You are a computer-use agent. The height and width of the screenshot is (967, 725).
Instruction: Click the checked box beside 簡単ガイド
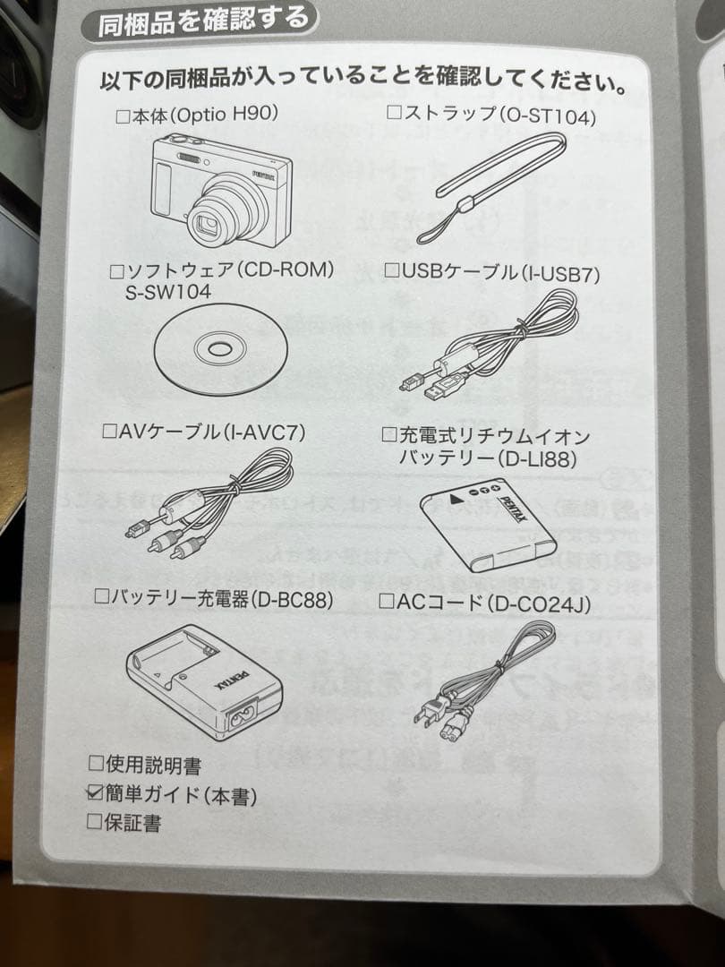(96, 792)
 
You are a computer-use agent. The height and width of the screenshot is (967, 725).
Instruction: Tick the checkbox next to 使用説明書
(96, 764)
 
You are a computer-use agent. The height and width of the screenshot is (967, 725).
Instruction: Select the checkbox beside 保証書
(94, 821)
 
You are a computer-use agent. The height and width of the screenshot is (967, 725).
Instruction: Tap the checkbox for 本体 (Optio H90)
(124, 116)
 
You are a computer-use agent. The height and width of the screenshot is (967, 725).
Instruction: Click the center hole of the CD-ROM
(220, 349)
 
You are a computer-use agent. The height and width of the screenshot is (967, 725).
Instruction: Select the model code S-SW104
(167, 292)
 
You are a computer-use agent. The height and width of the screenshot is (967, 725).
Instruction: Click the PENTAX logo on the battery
(512, 509)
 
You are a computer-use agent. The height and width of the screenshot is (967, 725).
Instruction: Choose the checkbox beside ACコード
(387, 602)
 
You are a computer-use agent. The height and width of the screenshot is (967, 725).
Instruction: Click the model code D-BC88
(294, 600)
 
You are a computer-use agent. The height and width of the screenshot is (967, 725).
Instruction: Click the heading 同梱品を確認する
(203, 21)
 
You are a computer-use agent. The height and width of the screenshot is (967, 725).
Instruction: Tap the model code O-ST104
(548, 116)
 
